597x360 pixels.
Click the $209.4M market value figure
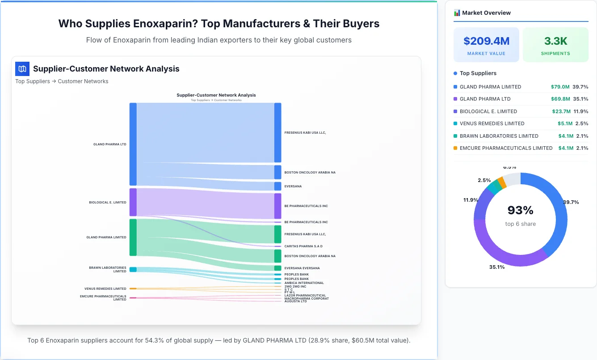coord(486,41)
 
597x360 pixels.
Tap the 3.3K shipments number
coord(555,41)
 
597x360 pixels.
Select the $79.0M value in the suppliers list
coord(560,87)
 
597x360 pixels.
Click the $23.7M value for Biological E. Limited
coord(560,111)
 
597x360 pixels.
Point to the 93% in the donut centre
coord(520,210)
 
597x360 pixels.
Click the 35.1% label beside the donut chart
coord(497,267)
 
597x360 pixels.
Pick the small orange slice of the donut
coord(502,182)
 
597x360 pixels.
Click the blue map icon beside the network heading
coord(22,69)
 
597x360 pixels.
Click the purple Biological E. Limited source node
coord(133,202)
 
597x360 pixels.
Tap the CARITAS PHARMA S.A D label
coord(303,246)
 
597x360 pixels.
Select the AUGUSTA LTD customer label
coord(296,301)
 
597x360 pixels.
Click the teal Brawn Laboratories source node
coord(133,269)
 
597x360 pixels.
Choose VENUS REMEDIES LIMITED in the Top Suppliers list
coord(492,123)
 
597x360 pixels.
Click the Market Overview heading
coord(486,13)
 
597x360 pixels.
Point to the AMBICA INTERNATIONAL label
coord(304,283)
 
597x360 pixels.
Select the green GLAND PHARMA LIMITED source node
coord(133,237)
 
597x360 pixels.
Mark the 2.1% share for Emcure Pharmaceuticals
coord(582,148)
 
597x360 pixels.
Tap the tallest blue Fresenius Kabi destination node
coord(278,132)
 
